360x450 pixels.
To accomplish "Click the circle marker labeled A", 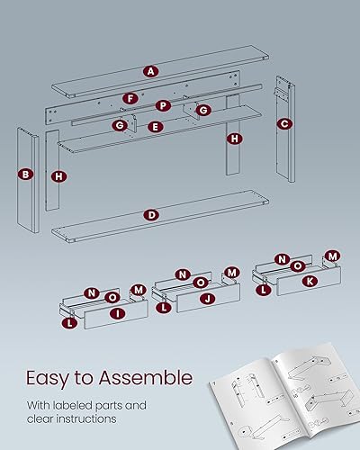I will coord(150,70).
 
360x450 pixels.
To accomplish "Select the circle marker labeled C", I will coord(283,124).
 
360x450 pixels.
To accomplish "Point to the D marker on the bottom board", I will coord(150,215).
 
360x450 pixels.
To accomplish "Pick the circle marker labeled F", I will coord(130,97).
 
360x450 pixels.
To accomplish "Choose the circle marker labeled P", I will coord(164,105).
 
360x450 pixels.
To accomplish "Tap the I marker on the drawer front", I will coord(117,313).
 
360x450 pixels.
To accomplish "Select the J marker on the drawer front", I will coord(207,298).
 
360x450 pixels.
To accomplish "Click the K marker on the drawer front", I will coord(311,281).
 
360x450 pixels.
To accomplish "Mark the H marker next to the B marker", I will coord(58,176).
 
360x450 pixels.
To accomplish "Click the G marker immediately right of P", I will coord(203,110).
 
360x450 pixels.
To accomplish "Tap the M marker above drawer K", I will coord(331,257).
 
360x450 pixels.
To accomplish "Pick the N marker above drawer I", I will coord(91,292).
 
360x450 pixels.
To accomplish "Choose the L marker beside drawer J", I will coord(164,307).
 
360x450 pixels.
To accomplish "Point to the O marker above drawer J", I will coord(200,282).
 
